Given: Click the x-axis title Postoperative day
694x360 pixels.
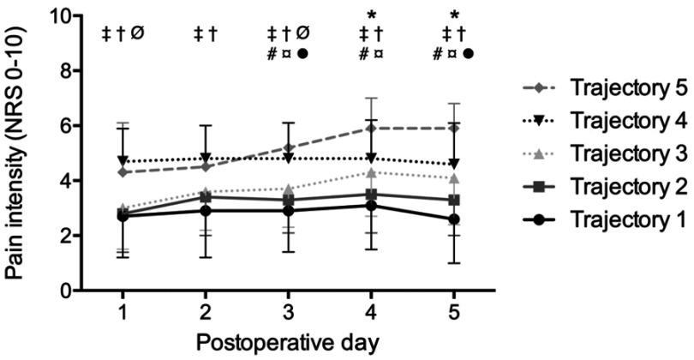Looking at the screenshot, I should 287,342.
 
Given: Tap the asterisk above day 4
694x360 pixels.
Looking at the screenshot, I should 371,15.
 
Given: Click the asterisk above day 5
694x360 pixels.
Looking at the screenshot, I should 454,15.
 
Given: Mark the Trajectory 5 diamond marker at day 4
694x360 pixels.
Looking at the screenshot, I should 371,129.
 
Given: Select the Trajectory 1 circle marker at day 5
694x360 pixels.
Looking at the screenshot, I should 454,219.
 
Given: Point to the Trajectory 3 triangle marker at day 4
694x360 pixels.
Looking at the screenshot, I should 371,172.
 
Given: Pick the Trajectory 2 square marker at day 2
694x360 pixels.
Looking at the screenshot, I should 205,197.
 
